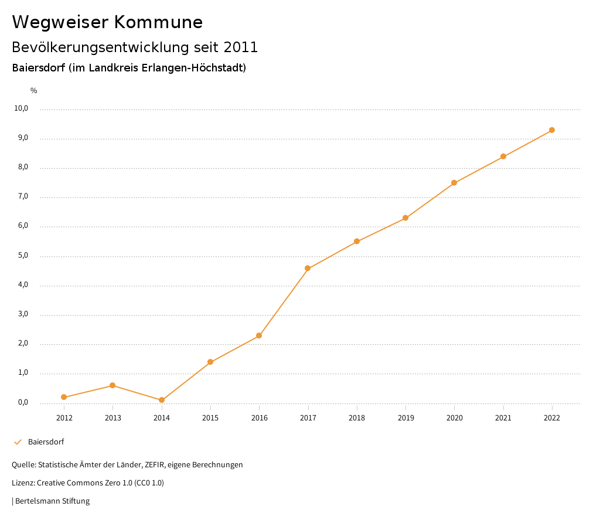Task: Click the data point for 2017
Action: pyautogui.click(x=308, y=268)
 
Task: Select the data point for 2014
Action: pyautogui.click(x=162, y=400)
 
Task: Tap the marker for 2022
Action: pyautogui.click(x=552, y=130)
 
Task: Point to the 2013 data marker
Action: pyautogui.click(x=112, y=385)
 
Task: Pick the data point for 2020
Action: pyautogui.click(x=454, y=183)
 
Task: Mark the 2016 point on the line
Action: pyautogui.click(x=259, y=336)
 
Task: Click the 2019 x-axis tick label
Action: pyautogui.click(x=405, y=418)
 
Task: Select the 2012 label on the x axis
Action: pyautogui.click(x=64, y=418)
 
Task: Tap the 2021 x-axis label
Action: pyautogui.click(x=503, y=418)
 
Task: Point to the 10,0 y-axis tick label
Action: pyautogui.click(x=21, y=108)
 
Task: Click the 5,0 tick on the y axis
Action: pyautogui.click(x=23, y=255)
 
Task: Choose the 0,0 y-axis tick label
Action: pyautogui.click(x=23, y=402)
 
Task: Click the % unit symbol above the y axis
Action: pyautogui.click(x=34, y=91)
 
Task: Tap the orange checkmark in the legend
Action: pyautogui.click(x=18, y=442)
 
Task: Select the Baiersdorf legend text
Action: pyautogui.click(x=46, y=442)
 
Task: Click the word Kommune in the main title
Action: pyautogui.click(x=158, y=22)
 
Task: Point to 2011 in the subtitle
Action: pyautogui.click(x=241, y=47)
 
